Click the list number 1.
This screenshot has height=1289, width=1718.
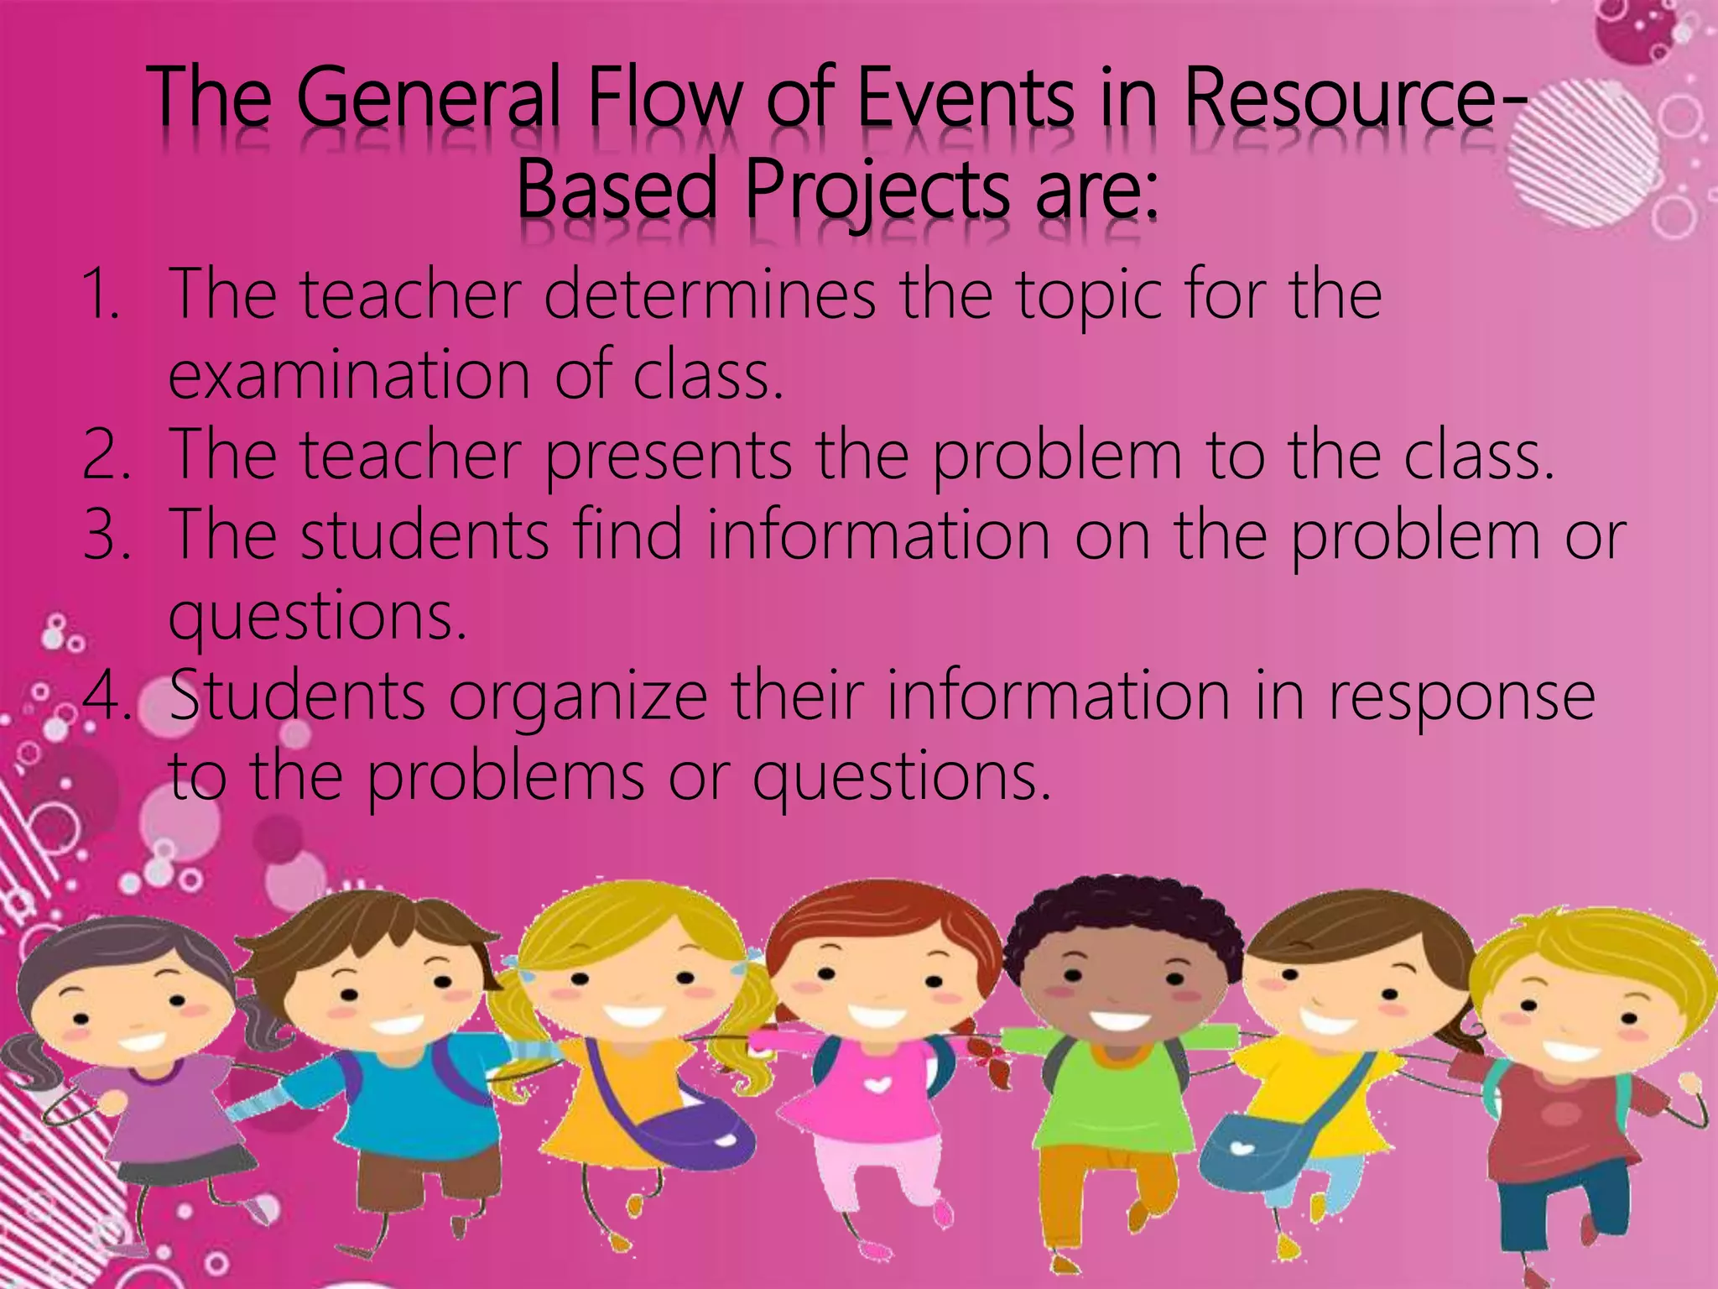pos(102,294)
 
